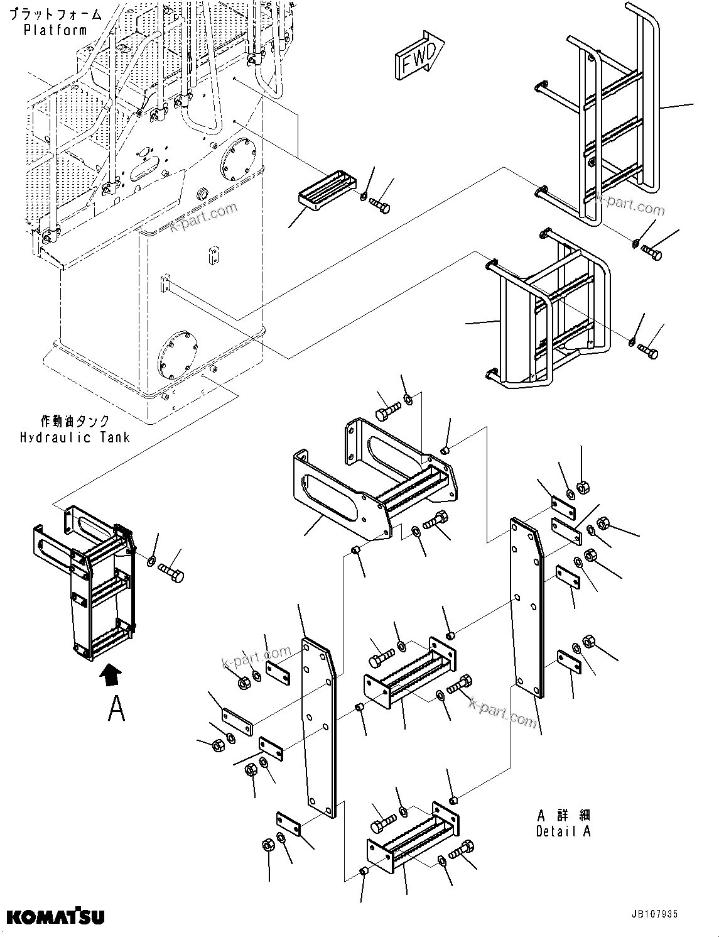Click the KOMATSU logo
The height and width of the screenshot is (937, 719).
(55, 916)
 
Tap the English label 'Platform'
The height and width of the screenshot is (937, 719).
(55, 30)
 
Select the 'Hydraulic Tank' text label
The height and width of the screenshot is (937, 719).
(75, 437)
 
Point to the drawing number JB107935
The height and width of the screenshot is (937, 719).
(651, 915)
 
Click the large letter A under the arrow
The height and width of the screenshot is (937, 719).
(116, 709)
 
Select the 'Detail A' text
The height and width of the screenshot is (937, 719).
(563, 831)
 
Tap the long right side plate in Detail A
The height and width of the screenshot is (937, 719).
(527, 606)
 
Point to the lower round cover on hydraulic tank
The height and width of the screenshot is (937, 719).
(178, 355)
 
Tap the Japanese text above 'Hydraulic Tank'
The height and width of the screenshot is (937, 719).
(75, 421)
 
